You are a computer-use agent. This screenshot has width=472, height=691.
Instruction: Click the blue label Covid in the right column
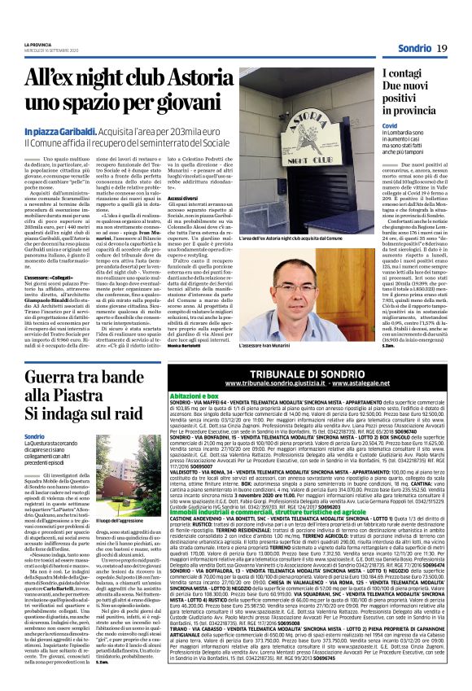(368, 128)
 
